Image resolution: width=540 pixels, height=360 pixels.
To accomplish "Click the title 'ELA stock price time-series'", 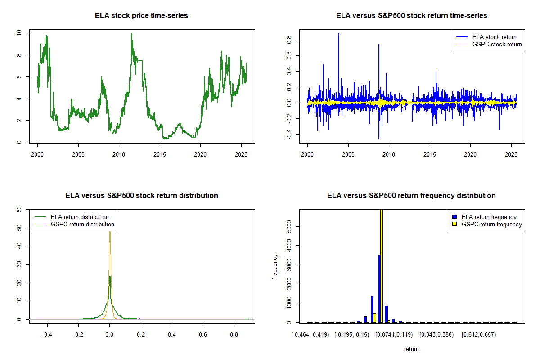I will tap(141, 16).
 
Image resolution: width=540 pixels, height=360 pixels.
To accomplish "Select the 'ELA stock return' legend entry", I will tap(494, 37).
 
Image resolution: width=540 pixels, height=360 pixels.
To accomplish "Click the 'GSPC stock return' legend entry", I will tap(497, 44).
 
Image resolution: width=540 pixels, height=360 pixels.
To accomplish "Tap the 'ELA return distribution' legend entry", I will tap(80, 217).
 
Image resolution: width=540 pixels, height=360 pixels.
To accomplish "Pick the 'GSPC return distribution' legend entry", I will tap(82, 224).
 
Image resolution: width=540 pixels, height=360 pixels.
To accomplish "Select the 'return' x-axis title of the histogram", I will tap(411, 349).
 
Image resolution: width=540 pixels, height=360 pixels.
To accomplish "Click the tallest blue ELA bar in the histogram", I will tap(379, 288).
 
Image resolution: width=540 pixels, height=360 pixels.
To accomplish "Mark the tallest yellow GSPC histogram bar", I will tap(382, 265).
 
